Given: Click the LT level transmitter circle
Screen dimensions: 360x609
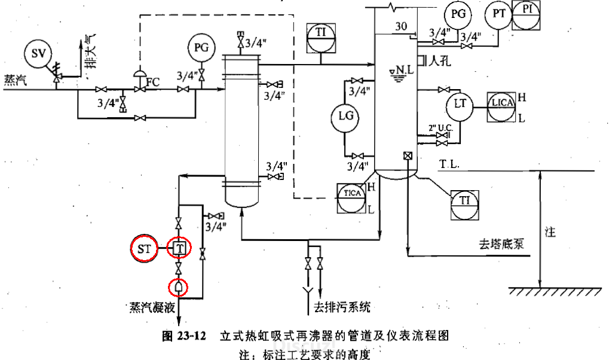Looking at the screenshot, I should coord(460,104).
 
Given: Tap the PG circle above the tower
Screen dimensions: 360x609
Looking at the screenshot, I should coord(458,15).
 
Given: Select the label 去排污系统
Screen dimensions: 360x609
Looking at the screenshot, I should coord(342,308).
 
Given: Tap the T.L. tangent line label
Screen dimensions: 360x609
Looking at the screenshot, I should coord(449,164).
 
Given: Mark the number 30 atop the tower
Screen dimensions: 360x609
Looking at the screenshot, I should coord(401,26).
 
